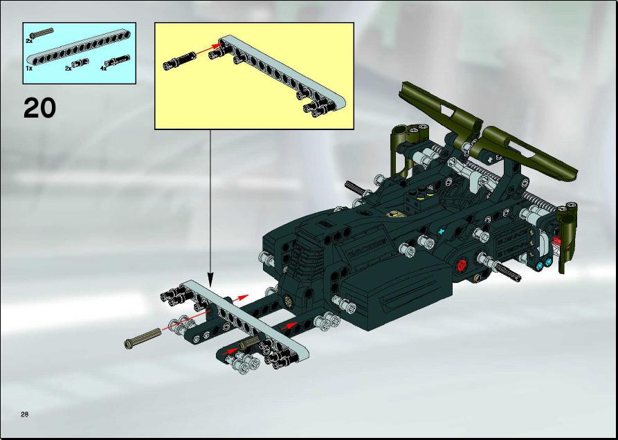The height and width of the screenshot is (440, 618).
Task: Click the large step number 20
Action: (39, 108)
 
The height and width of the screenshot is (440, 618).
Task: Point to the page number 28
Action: (25, 414)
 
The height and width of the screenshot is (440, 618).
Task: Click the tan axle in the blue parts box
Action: (42, 33)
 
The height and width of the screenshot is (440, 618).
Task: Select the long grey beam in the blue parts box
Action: (78, 48)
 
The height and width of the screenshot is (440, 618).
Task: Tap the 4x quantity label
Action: (104, 68)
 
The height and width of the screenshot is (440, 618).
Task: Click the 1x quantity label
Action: (29, 68)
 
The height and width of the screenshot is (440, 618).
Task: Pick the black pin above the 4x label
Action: (117, 60)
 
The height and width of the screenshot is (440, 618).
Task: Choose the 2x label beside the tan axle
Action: (29, 41)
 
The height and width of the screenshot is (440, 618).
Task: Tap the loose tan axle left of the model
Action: (143, 338)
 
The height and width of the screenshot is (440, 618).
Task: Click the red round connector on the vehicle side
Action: (462, 265)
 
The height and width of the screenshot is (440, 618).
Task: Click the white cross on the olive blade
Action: (490, 161)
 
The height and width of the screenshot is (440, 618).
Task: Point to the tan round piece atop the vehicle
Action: (394, 214)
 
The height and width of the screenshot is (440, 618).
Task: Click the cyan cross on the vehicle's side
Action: (442, 232)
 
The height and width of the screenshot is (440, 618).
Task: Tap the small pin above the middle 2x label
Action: (80, 62)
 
